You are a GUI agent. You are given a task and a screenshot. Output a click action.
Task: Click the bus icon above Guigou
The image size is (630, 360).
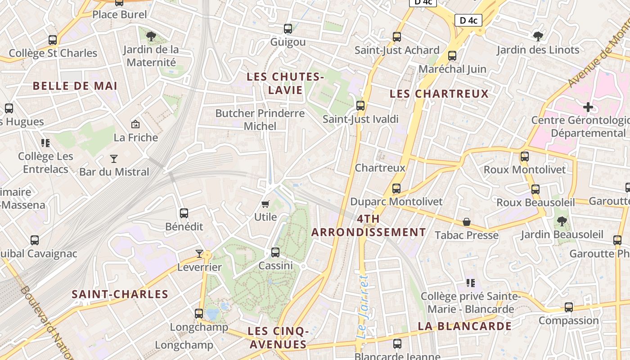pos(288,29)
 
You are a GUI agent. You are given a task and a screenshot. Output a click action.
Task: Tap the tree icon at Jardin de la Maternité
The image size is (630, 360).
pos(151,36)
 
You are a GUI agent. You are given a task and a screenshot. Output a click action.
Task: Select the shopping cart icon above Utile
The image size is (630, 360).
pos(265,204)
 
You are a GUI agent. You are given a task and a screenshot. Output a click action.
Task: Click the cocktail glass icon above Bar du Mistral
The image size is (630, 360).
pos(114,158)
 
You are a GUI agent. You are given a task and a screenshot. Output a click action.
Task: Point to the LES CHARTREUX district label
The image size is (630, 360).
pos(439,94)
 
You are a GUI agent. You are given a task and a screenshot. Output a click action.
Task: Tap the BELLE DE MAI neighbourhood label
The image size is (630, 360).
pos(75,85)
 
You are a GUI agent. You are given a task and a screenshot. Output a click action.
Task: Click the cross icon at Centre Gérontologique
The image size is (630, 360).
pos(588,107)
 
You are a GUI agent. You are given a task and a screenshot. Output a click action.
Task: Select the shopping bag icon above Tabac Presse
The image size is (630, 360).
pos(467,222)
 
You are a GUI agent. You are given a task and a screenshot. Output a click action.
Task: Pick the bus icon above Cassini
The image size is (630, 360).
pos(275,252)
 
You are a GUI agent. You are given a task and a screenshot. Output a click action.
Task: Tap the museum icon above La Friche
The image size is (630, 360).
pos(135,124)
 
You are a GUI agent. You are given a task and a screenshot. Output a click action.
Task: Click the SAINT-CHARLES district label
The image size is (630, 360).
pos(120,294)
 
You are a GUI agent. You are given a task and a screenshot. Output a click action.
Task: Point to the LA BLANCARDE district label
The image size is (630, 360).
pos(465,326)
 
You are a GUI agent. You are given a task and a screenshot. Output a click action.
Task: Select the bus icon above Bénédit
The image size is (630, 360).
pos(184,213)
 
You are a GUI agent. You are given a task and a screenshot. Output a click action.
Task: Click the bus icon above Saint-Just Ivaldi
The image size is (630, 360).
pos(360,106)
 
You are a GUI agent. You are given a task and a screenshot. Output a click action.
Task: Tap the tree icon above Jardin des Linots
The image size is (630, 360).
pos(538,36)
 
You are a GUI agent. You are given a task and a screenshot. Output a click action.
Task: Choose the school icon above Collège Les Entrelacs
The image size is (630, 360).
pos(45,143)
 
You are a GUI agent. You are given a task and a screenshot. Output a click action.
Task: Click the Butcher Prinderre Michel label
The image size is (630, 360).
pos(260,120)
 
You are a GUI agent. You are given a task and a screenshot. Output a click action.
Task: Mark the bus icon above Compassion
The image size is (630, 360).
pos(569,307)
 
